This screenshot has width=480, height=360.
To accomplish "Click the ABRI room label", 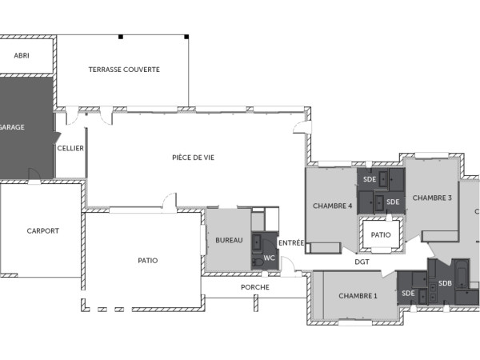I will click(22, 55).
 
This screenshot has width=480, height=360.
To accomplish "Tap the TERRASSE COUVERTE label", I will click(124, 70).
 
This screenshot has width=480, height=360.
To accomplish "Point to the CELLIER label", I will click(70, 148).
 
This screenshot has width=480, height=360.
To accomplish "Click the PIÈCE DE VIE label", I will click(193, 158).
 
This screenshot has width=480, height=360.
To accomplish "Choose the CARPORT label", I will click(42, 231).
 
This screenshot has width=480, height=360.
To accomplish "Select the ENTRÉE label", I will click(290, 242).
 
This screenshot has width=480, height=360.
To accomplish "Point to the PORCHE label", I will click(254, 287).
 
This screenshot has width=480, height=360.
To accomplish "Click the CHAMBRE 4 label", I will click(333, 206).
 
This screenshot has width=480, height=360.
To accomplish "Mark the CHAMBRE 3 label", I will click(432, 198).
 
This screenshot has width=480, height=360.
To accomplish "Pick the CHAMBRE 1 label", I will click(358, 296).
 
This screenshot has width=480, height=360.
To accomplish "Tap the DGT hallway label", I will click(362, 262).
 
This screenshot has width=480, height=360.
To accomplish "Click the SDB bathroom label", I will click(445, 283).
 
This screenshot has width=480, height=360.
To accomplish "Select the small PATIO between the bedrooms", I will click(381, 235).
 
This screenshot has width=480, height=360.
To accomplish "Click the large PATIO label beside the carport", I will click(147, 260).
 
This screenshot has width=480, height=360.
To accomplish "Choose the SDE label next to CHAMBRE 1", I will click(408, 294).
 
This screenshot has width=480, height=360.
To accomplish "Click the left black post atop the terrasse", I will click(120, 37).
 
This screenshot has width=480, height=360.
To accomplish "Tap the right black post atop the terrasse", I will click(186, 37).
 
